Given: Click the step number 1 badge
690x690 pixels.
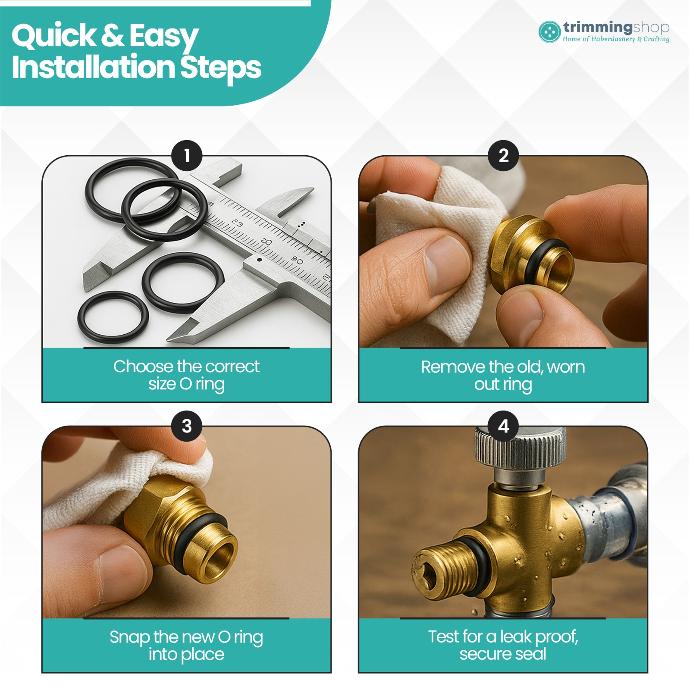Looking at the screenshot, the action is [187, 155].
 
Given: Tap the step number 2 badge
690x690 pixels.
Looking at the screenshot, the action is [503, 155].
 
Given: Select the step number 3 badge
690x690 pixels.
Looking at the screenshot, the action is [187, 426].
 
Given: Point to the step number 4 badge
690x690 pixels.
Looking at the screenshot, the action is [503, 426].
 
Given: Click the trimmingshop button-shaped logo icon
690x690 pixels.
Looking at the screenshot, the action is [549, 32].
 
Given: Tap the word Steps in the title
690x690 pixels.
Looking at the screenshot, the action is [220, 68].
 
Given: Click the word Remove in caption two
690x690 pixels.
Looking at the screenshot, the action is [453, 367].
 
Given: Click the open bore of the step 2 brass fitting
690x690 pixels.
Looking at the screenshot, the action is [561, 271].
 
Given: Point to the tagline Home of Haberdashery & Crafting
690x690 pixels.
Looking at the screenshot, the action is [616, 39].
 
